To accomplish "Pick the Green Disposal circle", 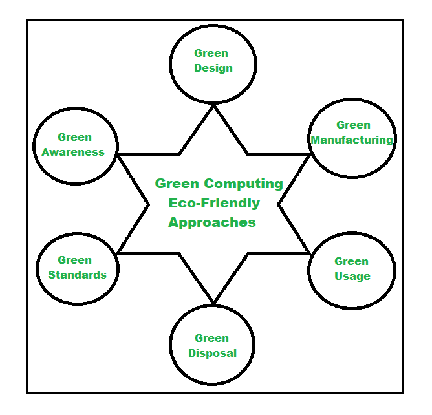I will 213,346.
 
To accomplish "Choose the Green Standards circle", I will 76,268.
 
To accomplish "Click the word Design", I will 213,68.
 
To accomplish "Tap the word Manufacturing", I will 352,140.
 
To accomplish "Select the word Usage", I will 352,277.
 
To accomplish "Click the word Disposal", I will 213,354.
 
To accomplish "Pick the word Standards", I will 77,275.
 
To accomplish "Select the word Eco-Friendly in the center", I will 214,203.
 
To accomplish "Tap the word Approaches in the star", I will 212,222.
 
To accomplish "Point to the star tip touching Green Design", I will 213,107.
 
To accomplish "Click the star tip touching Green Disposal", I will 213,302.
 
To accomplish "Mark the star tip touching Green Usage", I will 309,253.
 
